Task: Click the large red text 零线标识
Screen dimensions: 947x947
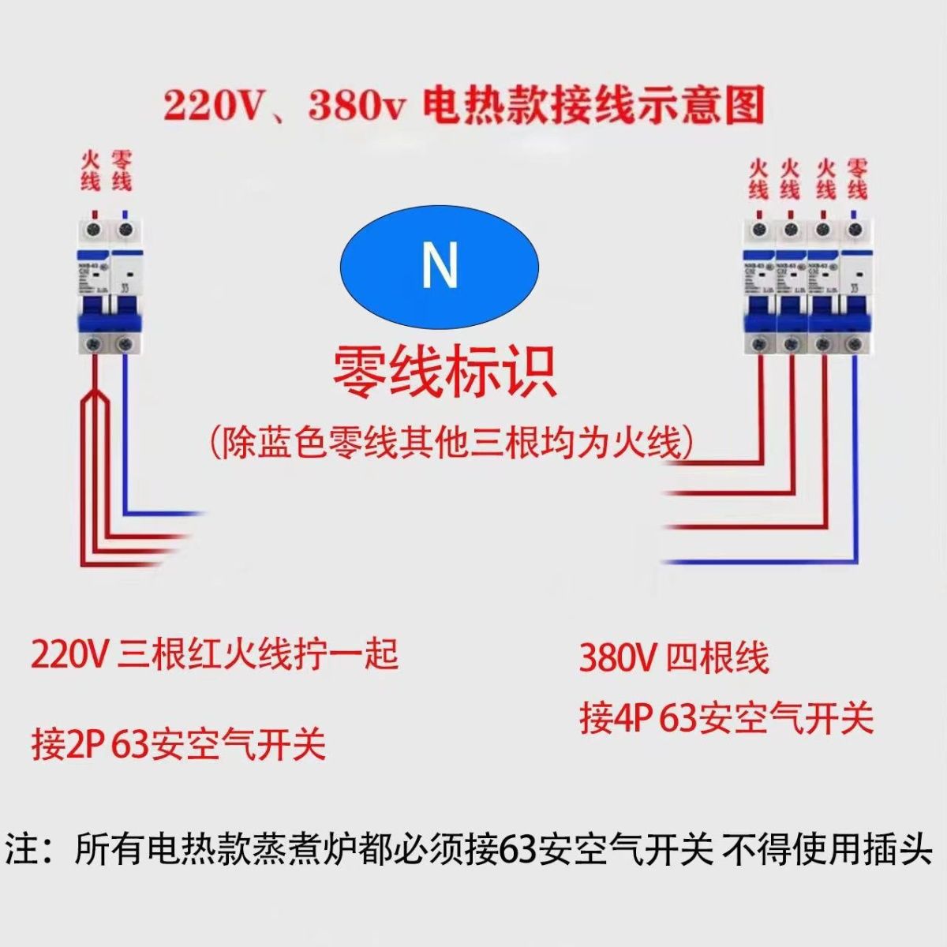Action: [x=444, y=372]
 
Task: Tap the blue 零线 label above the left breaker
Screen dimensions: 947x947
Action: [x=122, y=170]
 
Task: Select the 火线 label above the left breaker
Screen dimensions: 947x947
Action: [x=91, y=170]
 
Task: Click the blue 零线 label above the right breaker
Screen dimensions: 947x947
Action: [x=857, y=180]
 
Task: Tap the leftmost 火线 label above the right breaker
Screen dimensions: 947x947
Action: [x=758, y=180]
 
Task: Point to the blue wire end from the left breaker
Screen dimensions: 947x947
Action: [x=189, y=514]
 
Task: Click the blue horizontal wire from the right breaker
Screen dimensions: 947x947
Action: [x=758, y=562]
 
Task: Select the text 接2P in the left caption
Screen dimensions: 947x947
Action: [x=69, y=744]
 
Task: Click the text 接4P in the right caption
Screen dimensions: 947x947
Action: [x=616, y=719]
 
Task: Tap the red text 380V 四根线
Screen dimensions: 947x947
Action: [x=673, y=658]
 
